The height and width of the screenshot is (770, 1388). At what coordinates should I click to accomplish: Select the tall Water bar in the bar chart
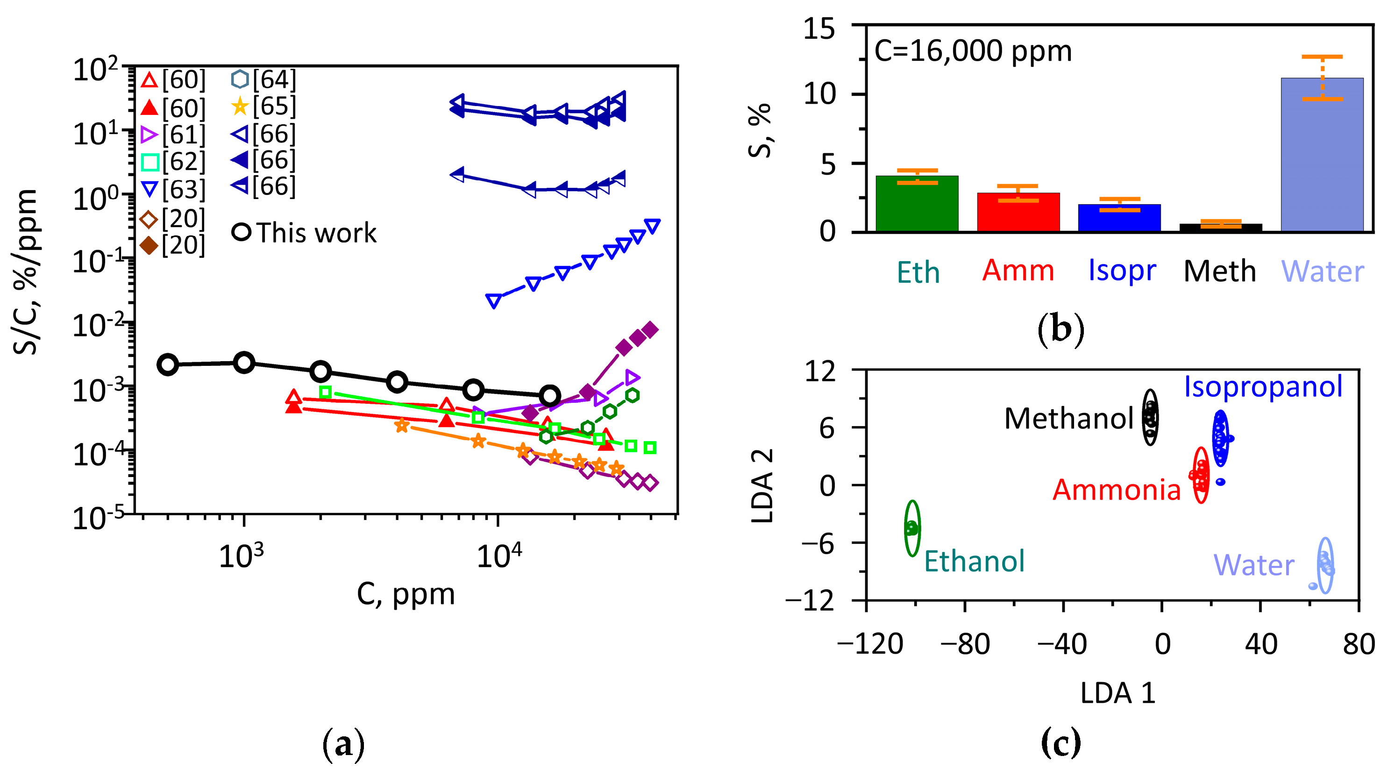[x=1322, y=156]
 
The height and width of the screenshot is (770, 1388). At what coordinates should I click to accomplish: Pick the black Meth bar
[x=1220, y=228]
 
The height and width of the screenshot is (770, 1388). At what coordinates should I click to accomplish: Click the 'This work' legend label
[x=316, y=233]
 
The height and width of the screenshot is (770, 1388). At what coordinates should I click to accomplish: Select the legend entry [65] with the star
[x=263, y=106]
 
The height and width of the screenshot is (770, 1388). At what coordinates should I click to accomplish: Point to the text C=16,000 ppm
[x=973, y=52]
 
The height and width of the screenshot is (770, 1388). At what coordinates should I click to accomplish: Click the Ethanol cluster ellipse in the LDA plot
[x=911, y=528]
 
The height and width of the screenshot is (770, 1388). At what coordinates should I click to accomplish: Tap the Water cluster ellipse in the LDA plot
[x=1325, y=565]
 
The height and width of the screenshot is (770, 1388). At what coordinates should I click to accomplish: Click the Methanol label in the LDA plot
[x=1069, y=419]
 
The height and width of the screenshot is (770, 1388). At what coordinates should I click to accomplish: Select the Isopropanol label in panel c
[x=1262, y=386]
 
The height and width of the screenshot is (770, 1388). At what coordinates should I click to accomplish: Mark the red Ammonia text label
[x=1117, y=490]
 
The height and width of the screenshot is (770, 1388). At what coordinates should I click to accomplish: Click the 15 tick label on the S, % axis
[x=819, y=28]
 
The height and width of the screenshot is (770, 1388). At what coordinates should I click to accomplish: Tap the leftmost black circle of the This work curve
[x=168, y=365]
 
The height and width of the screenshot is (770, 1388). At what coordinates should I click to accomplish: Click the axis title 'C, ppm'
[x=405, y=594]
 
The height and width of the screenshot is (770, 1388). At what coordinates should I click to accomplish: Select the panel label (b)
[x=1060, y=329]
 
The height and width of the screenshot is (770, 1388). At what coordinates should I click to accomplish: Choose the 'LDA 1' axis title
[x=1118, y=692]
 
